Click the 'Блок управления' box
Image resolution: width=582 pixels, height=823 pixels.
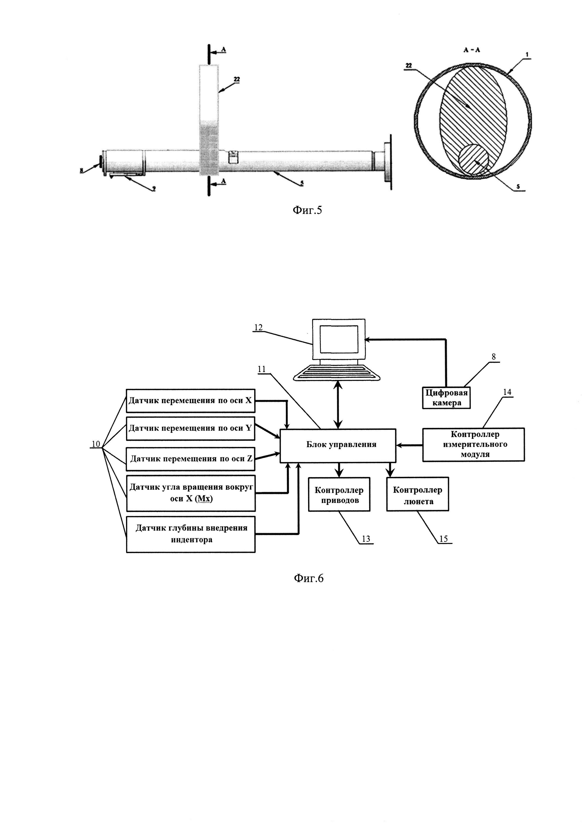[338, 445]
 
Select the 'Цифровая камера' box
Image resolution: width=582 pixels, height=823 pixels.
[446, 398]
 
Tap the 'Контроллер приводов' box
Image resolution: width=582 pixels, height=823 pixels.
[339, 494]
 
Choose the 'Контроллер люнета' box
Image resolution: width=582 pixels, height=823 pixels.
[417, 494]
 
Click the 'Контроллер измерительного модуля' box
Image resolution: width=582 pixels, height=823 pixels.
[473, 444]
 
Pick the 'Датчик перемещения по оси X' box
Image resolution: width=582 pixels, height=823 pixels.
[190, 401]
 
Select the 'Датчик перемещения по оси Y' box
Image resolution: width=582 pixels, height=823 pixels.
[190, 428]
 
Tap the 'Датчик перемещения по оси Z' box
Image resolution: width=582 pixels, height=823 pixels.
[190, 459]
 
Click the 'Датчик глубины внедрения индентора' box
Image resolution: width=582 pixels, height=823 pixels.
[190, 534]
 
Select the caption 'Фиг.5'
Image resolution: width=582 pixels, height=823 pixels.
[307, 210]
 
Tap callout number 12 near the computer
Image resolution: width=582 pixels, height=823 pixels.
[258, 327]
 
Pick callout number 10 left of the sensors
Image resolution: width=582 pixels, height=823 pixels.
[96, 444]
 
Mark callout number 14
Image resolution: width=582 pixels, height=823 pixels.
[507, 392]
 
